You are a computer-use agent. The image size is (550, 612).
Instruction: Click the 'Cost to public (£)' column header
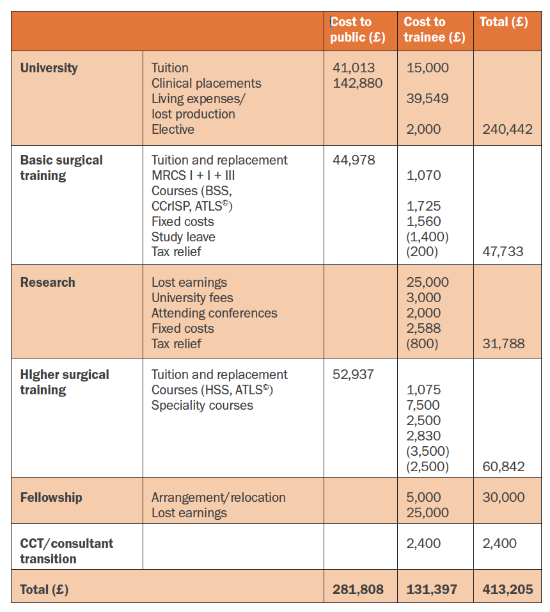point(358,29)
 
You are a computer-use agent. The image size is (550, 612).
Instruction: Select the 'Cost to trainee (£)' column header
point(434,29)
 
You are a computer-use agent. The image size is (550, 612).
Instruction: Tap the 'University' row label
point(49,68)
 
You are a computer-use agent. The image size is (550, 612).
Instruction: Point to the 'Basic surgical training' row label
point(61,168)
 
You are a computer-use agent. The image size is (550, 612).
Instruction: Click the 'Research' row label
point(47,282)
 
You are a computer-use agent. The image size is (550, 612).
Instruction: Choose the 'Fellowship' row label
point(51,497)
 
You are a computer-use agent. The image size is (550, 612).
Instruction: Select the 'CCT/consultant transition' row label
point(67,551)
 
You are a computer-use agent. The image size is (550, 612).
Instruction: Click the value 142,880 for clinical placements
point(357,83)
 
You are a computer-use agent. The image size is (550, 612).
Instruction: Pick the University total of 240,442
point(508,129)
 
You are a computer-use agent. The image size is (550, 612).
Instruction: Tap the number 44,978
point(354,159)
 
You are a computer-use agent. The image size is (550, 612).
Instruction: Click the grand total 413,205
point(508,590)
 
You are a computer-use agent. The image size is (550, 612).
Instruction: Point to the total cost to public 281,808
point(358,590)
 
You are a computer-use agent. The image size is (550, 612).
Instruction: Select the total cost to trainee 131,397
point(432,590)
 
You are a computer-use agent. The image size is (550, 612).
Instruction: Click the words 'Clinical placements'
point(206,83)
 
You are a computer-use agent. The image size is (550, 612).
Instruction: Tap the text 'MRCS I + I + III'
point(193,175)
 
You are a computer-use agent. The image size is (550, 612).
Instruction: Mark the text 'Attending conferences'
point(214,313)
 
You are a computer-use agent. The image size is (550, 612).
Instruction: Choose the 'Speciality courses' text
point(202,405)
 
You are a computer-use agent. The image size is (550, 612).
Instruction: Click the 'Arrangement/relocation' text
point(218,497)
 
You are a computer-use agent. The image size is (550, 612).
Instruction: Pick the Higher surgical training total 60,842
point(503,467)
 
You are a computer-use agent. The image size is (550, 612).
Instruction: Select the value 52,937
point(353,374)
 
